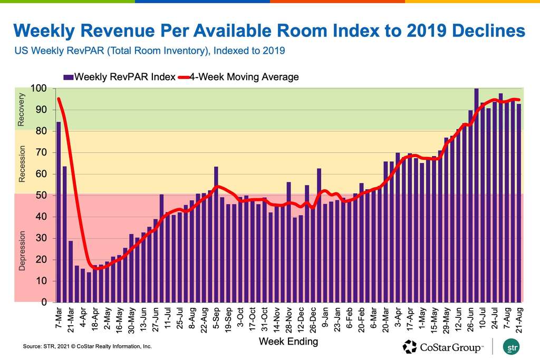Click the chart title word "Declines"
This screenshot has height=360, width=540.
[x=483, y=31]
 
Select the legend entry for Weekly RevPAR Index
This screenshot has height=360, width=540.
[x=120, y=77]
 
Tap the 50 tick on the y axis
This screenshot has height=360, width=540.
[x=43, y=196]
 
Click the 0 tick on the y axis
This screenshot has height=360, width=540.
[x=45, y=303]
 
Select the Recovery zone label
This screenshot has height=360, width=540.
[x=22, y=110]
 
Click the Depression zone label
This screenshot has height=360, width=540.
[x=22, y=249]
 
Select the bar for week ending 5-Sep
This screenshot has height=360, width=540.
[x=216, y=235]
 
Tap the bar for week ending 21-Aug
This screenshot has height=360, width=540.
[x=519, y=203]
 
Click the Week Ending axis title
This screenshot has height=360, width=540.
[x=288, y=342]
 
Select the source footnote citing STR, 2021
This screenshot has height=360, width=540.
[x=87, y=346]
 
